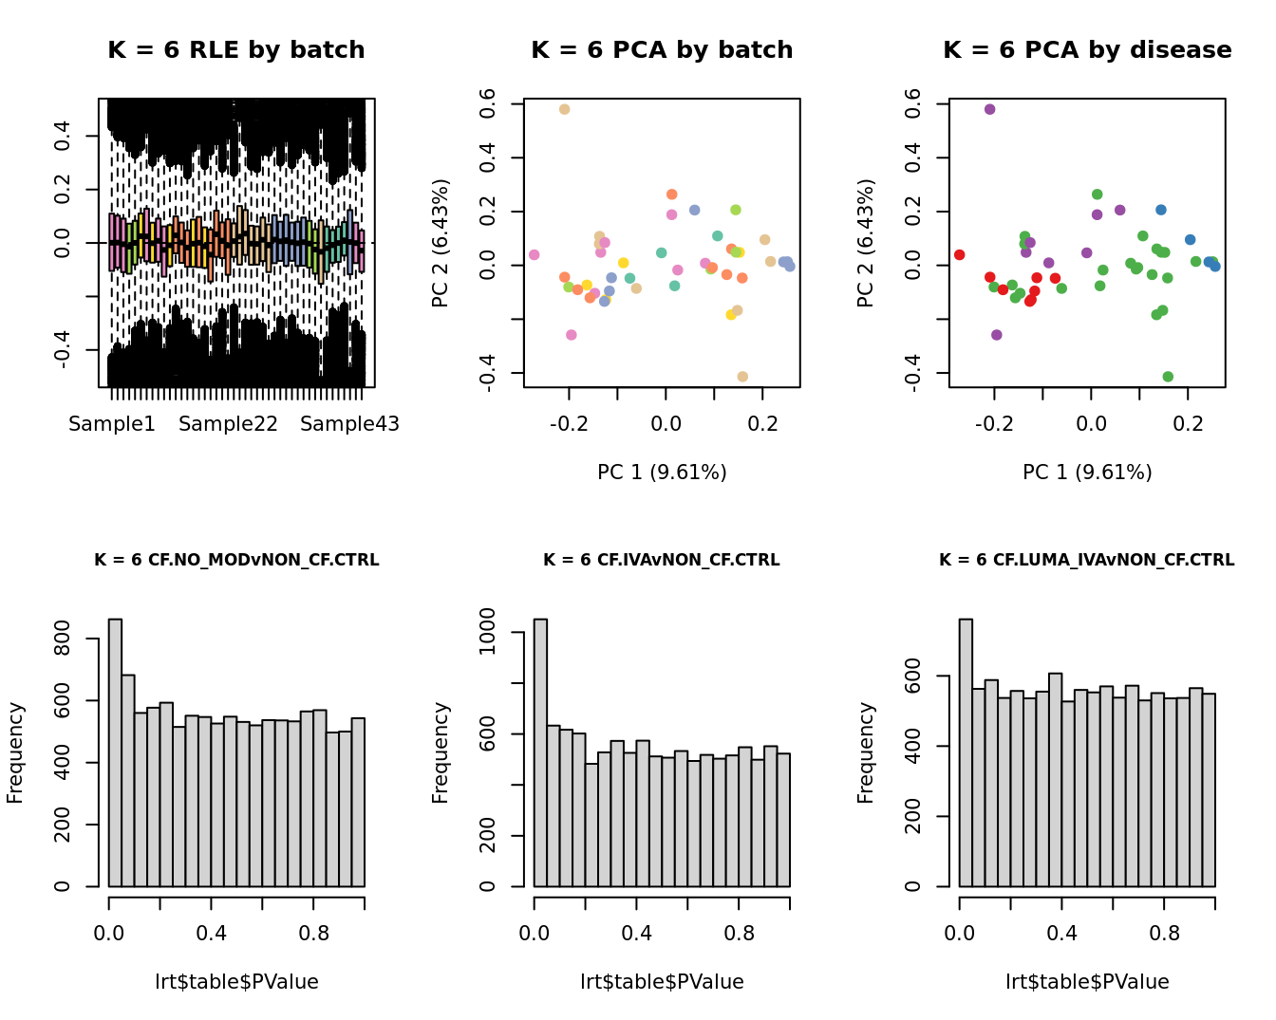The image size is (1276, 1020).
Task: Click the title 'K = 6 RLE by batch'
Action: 236,50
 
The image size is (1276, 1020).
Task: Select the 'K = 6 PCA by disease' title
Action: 1087,50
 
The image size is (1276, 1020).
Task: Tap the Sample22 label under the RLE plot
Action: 228,424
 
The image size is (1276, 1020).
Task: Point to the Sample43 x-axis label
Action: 349,424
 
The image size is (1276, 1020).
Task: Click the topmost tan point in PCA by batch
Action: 564,110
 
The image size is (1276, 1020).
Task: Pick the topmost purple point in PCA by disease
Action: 989,110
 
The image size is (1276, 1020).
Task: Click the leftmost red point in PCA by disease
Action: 959,255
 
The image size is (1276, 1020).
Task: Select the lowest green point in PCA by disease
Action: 1168,377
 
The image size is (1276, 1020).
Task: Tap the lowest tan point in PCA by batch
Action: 742,377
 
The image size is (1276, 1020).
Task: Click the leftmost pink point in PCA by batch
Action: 534,255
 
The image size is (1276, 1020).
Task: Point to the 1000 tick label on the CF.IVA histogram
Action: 487,632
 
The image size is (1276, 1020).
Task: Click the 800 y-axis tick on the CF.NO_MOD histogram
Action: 62,639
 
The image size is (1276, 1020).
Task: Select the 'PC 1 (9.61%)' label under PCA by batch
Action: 662,473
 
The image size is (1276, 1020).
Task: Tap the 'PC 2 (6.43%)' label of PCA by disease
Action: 865,243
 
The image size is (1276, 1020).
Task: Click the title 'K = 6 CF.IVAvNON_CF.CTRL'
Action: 662,561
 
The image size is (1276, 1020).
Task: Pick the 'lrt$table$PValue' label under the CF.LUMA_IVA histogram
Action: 1087,982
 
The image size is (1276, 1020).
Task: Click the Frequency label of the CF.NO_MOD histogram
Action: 15,752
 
